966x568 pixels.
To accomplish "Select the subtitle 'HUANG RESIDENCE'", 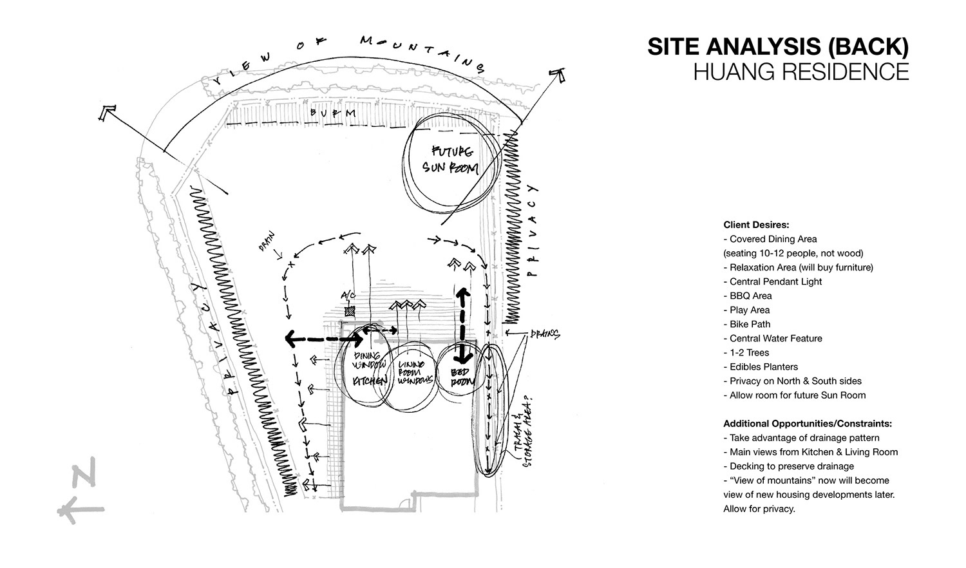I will tap(800, 71).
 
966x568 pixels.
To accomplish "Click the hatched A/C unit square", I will tap(350, 312).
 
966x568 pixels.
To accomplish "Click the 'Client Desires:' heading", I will tap(756, 225).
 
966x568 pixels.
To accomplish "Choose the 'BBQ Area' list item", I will tap(750, 296).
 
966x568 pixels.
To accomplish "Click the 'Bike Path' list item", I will tap(750, 324).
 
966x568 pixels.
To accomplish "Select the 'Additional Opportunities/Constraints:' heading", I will tap(807, 424).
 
